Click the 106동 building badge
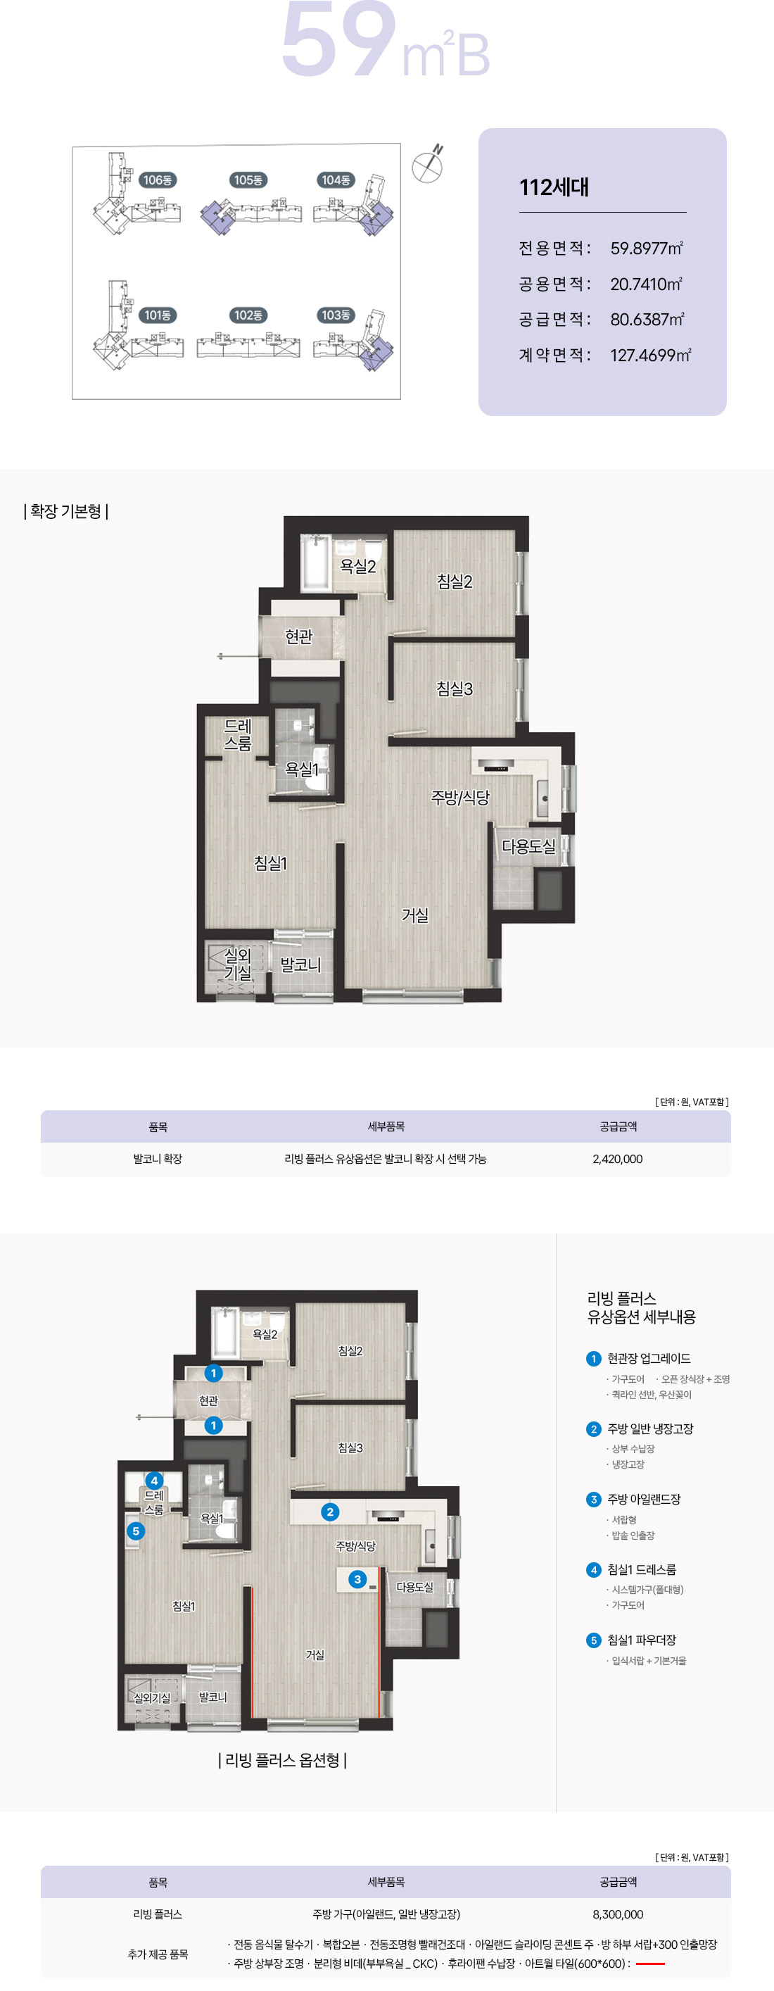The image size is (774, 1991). (x=158, y=180)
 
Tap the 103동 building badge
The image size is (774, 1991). (x=336, y=315)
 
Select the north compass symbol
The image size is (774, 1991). (x=427, y=164)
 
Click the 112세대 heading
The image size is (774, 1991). (x=554, y=187)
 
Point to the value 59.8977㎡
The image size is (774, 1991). (x=647, y=248)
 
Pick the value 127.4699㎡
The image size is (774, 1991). (x=650, y=355)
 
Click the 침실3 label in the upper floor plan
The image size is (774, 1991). (x=455, y=688)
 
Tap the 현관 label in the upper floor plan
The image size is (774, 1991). (x=299, y=636)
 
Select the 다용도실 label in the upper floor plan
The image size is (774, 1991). (x=528, y=846)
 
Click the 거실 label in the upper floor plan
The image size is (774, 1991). (x=415, y=915)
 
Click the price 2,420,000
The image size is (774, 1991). (x=617, y=1159)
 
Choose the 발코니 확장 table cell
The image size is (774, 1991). (x=158, y=1159)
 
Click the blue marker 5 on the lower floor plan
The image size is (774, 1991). (x=136, y=1531)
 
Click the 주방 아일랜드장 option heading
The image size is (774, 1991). (x=643, y=1500)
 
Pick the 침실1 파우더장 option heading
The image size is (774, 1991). (x=641, y=1640)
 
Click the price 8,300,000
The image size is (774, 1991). (x=618, y=1914)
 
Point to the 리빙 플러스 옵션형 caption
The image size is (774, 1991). (x=283, y=1760)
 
